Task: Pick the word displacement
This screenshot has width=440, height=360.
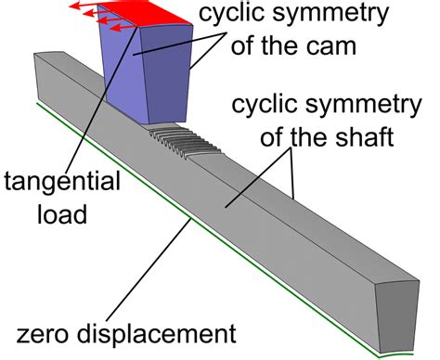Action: (162, 330)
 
